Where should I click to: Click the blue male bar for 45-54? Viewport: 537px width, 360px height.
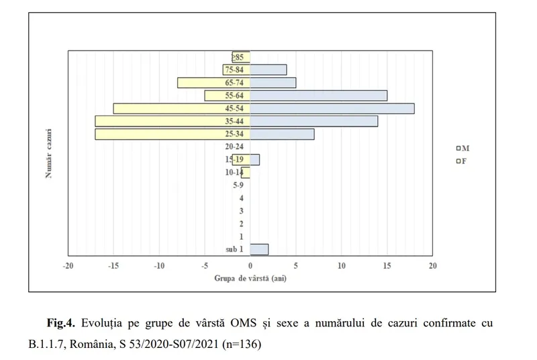[332, 108]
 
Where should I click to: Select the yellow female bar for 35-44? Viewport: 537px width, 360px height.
[173, 122]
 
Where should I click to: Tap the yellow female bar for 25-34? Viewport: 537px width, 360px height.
[173, 134]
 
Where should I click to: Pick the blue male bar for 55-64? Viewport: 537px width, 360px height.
[318, 95]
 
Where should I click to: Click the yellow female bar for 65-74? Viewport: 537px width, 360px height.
[213, 83]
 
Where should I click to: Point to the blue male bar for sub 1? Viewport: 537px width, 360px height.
[259, 249]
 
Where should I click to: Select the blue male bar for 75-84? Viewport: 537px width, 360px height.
[268, 70]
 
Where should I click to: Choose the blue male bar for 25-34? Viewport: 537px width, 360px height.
[282, 134]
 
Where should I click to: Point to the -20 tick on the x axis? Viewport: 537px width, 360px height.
[68, 265]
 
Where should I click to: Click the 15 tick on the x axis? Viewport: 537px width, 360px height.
[387, 265]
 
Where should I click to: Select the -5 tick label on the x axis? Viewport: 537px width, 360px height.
[205, 265]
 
